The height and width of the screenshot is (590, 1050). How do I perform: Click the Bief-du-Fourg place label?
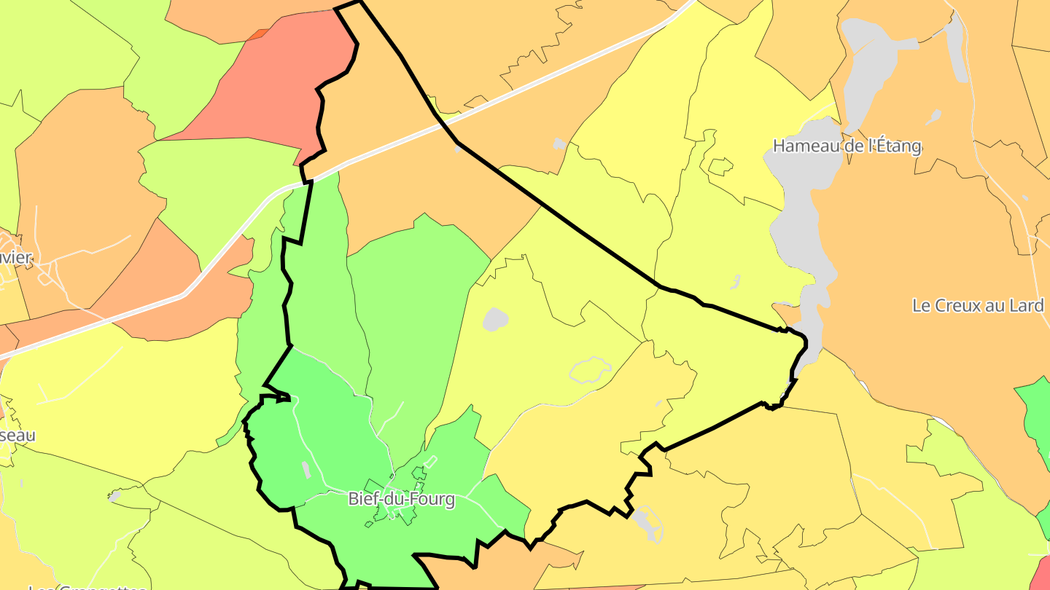(x=402, y=499)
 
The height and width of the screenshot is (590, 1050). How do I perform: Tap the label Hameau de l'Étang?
(x=847, y=146)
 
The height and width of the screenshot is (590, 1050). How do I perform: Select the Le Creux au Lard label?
(x=978, y=305)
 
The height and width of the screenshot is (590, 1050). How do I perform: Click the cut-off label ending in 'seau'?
(x=17, y=435)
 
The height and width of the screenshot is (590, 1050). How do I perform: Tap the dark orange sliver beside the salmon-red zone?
(x=257, y=34)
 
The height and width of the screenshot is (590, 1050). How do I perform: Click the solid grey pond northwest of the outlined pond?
(x=495, y=318)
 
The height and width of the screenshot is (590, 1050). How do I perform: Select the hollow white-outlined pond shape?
(x=590, y=370)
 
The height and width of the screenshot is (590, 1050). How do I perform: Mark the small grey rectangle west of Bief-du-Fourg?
(x=306, y=469)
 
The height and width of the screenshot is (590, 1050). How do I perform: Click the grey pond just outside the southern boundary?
(x=645, y=522)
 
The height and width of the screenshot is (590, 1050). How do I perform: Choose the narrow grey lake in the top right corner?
(x=956, y=51)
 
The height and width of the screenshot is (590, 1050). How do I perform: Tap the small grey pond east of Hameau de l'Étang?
(x=933, y=116)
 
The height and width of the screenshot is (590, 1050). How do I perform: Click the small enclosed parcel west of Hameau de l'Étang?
(x=720, y=167)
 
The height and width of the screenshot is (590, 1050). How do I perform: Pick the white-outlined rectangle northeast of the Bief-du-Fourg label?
(x=430, y=461)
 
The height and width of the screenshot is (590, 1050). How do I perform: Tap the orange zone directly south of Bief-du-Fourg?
(x=503, y=568)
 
